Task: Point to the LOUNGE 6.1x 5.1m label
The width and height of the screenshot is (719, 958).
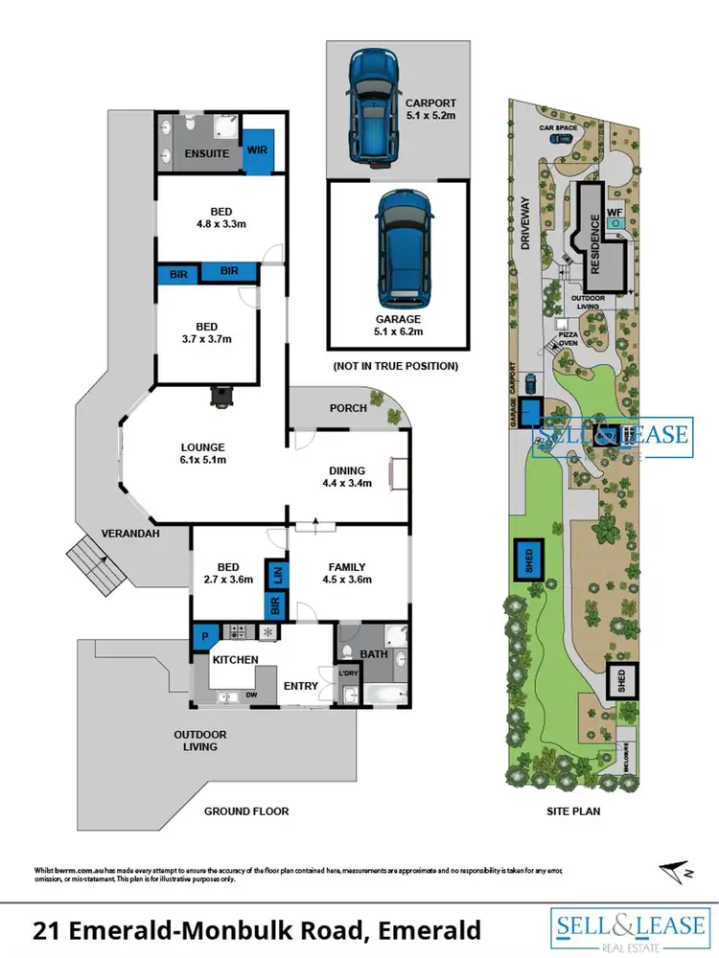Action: tap(203, 453)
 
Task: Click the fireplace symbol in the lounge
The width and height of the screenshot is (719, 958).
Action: tap(221, 397)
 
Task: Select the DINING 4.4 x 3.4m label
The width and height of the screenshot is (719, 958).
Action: tap(347, 477)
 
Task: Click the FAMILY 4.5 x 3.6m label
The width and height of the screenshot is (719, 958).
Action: tap(347, 573)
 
